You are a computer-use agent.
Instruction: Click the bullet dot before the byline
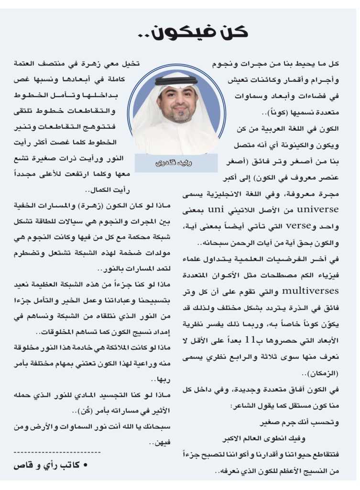click(85, 465)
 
